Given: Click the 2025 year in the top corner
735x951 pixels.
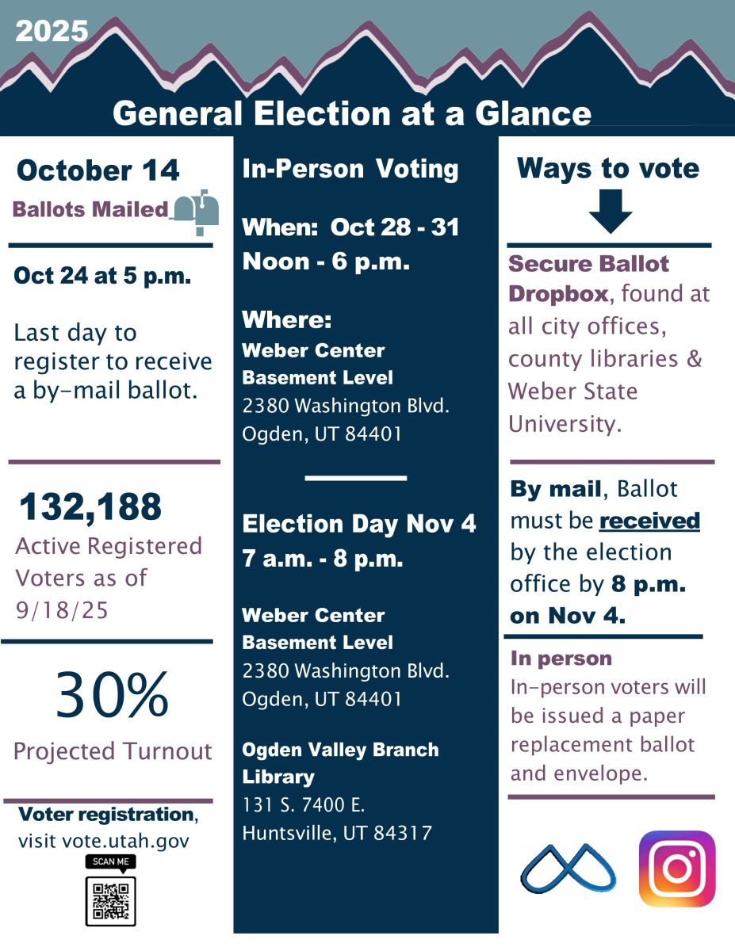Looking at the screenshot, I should (x=52, y=31).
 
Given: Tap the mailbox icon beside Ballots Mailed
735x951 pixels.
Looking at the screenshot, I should (x=196, y=212).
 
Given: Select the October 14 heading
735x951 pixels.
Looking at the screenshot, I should (x=98, y=170).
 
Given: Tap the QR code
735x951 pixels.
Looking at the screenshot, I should (x=110, y=901).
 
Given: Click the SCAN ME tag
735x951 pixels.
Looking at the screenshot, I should (x=110, y=862).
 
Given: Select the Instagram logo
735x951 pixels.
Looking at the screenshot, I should (x=676, y=869).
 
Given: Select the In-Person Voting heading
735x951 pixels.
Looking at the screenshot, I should (x=350, y=169).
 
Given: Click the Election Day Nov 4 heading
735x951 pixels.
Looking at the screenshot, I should (x=359, y=524).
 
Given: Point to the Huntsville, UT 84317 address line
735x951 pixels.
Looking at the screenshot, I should (x=337, y=833).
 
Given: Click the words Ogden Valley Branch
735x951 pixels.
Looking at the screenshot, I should (x=340, y=750).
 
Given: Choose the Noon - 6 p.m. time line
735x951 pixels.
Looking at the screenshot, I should (x=326, y=262).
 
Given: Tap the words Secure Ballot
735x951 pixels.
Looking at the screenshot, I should (x=588, y=264).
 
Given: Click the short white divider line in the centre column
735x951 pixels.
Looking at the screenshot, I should (x=355, y=479).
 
